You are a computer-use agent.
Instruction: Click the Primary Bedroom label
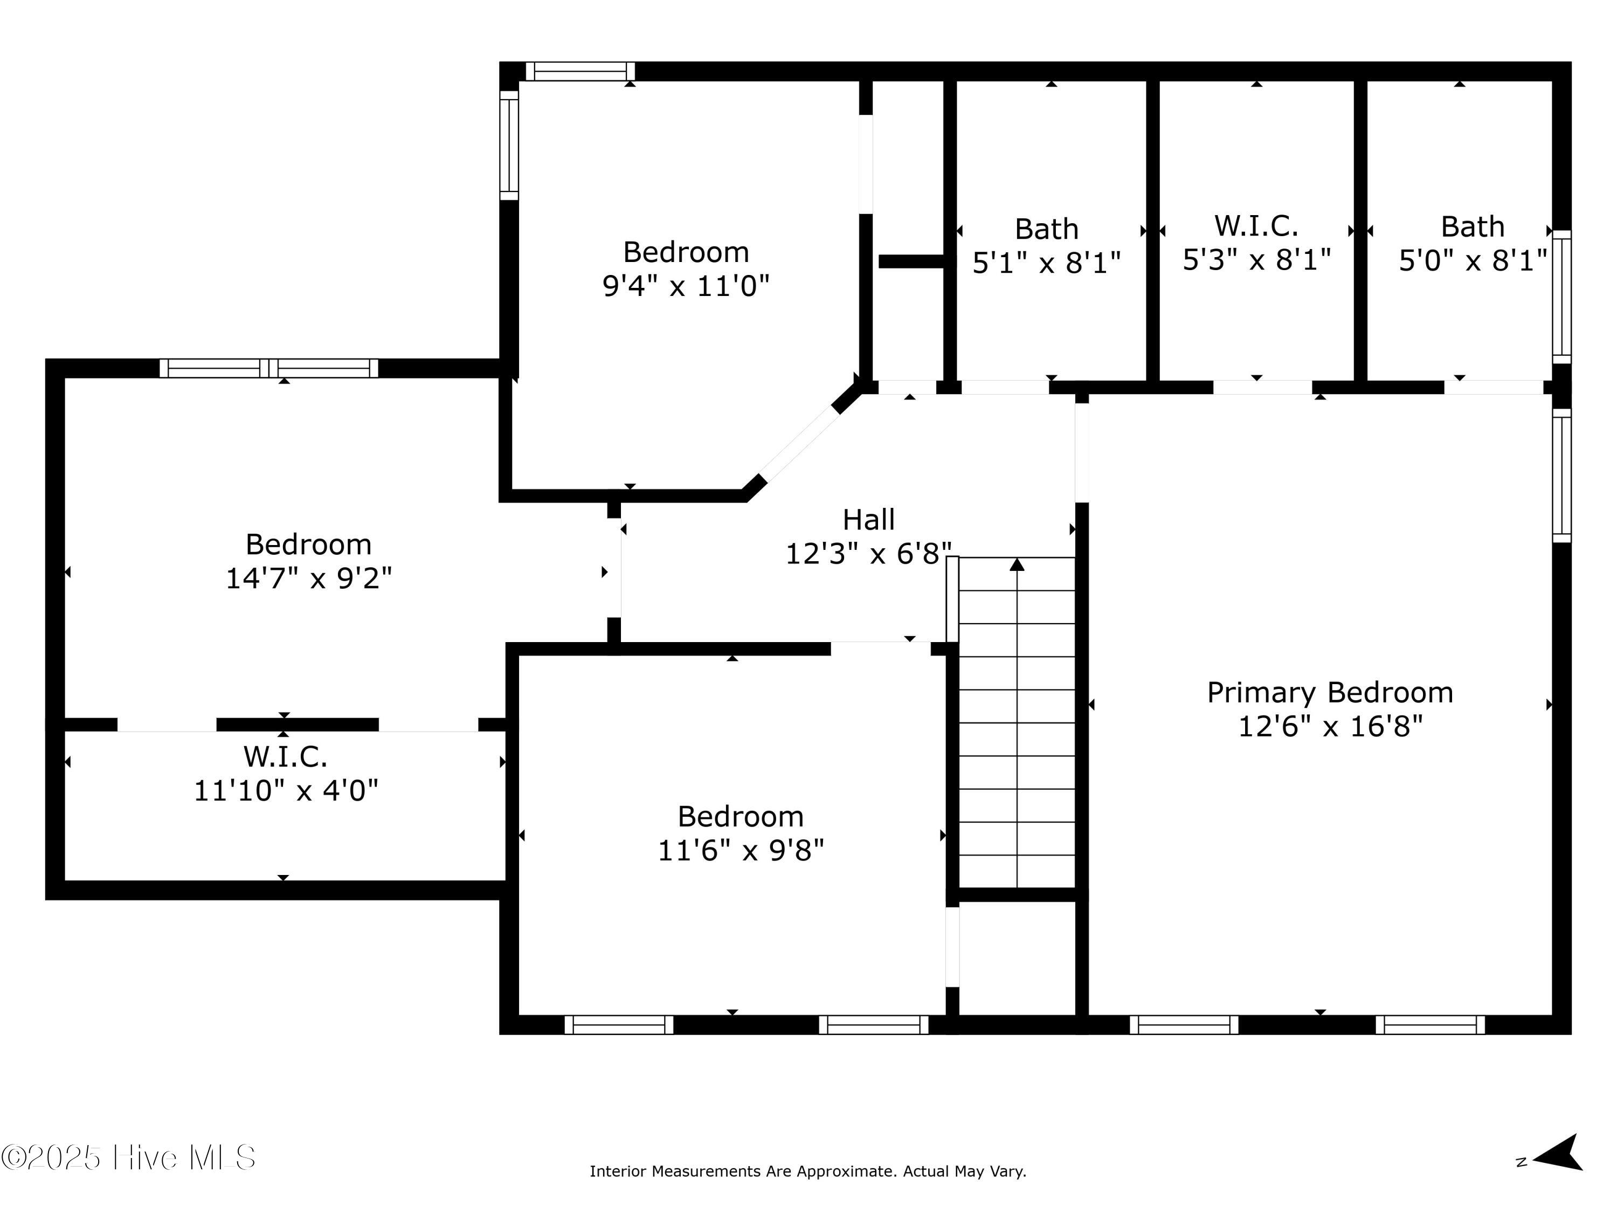[1330, 692]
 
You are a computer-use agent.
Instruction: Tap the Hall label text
[868, 520]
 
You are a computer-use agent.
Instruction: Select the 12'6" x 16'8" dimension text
[1330, 726]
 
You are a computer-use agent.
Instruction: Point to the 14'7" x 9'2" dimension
[308, 578]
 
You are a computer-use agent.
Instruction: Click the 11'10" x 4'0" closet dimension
[286, 790]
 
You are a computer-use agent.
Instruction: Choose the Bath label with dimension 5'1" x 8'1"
[1046, 230]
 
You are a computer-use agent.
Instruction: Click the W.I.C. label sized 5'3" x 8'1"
[1256, 226]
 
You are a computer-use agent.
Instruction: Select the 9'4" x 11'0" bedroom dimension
[686, 286]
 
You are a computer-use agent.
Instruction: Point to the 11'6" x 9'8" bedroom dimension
[741, 850]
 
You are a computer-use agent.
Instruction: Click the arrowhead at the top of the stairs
[1017, 564]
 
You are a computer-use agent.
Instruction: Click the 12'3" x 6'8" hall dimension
[868, 554]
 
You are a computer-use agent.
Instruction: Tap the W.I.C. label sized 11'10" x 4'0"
[285, 757]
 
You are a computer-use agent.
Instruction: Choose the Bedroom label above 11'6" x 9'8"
[741, 817]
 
